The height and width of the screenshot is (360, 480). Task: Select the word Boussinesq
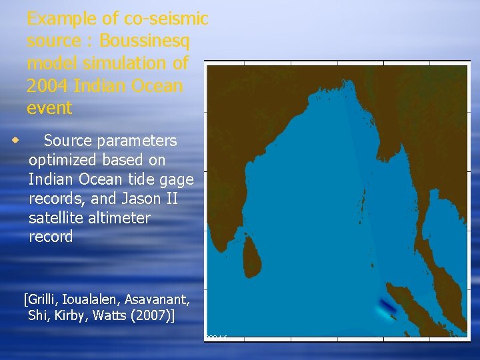(143, 41)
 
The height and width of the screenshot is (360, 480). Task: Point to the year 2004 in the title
(48, 86)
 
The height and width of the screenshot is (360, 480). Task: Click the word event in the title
(50, 107)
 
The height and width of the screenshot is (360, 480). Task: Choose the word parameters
(137, 141)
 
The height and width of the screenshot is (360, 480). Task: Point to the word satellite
(58, 218)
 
